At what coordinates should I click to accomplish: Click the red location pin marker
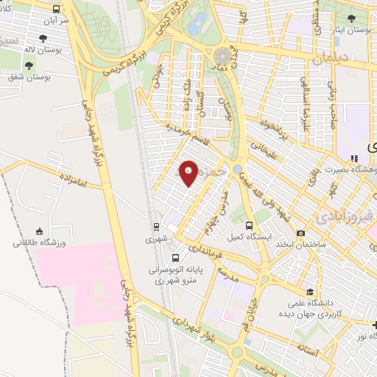point(188,173)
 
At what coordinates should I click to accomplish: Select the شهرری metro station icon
point(156,227)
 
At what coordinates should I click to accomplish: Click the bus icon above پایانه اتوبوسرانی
point(175,258)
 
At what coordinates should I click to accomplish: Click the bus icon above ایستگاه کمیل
point(249,225)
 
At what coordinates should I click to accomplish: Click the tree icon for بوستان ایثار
point(351,18)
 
